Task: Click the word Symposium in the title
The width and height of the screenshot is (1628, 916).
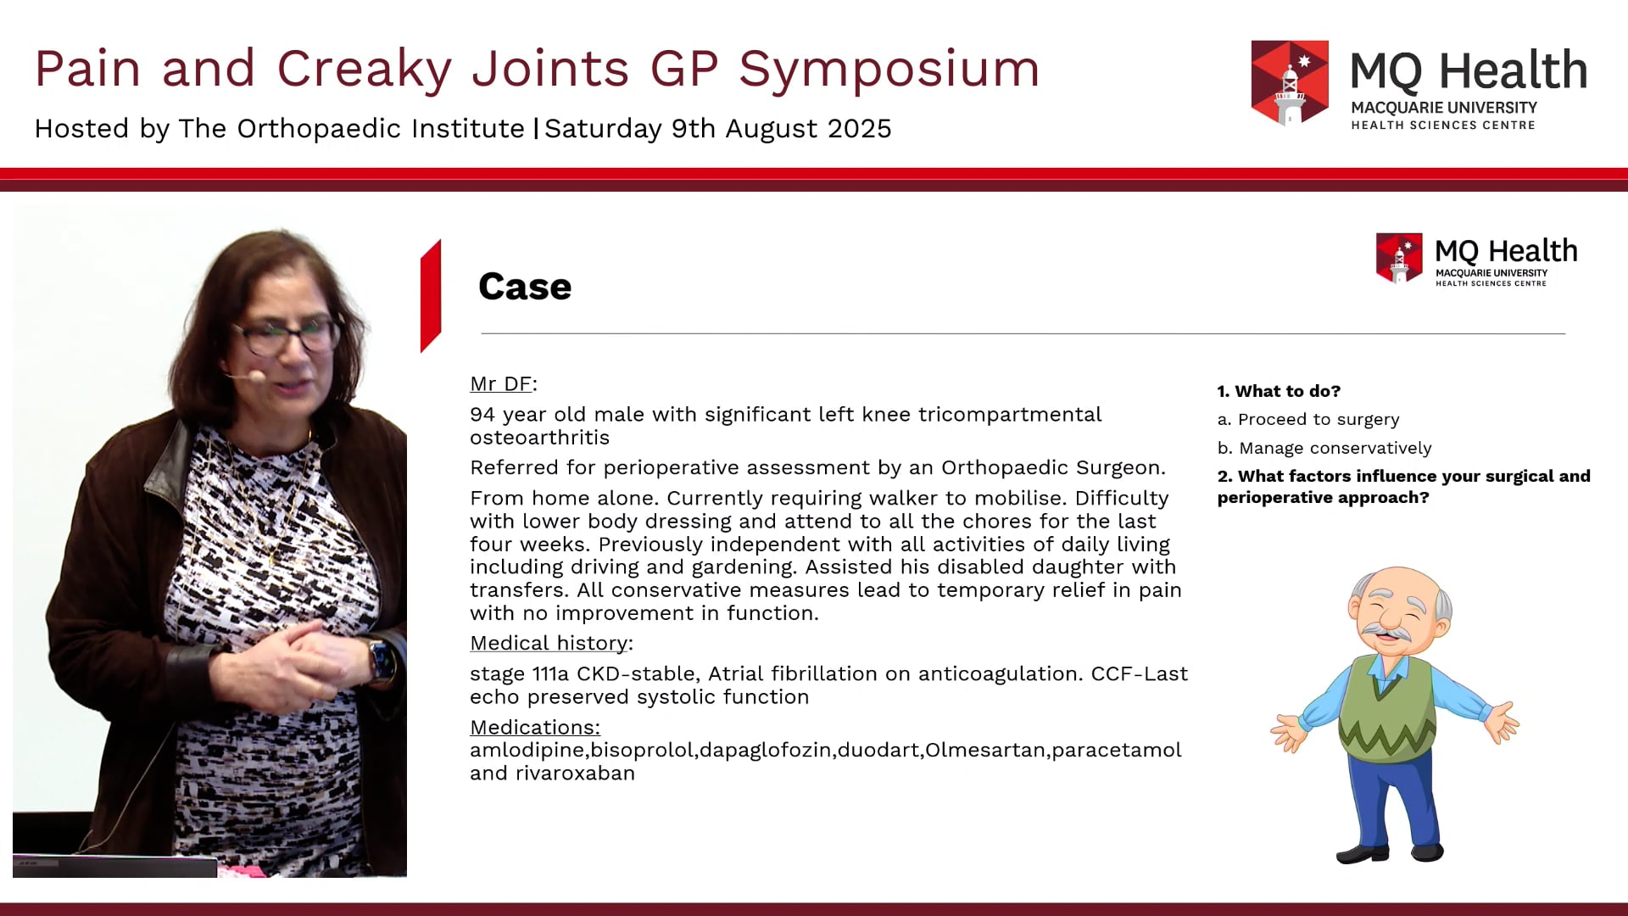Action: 889,70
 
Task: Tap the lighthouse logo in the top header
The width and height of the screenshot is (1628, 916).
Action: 1290,83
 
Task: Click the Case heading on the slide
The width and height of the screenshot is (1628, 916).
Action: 525,287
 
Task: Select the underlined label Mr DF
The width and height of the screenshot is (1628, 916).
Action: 501,384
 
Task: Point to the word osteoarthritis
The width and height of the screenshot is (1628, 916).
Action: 539,438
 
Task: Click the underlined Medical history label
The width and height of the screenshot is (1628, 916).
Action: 549,644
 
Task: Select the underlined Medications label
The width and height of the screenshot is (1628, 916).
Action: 534,728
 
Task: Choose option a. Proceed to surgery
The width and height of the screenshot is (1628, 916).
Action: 1307,420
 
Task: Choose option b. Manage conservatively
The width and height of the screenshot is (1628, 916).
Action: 1324,448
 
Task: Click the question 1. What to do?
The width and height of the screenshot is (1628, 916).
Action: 1279,391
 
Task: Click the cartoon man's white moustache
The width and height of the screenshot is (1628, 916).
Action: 1388,633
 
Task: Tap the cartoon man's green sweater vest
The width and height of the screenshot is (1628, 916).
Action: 1387,712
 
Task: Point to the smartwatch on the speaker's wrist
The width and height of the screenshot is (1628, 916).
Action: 381,660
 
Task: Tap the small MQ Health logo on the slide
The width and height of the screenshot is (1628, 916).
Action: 1476,260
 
